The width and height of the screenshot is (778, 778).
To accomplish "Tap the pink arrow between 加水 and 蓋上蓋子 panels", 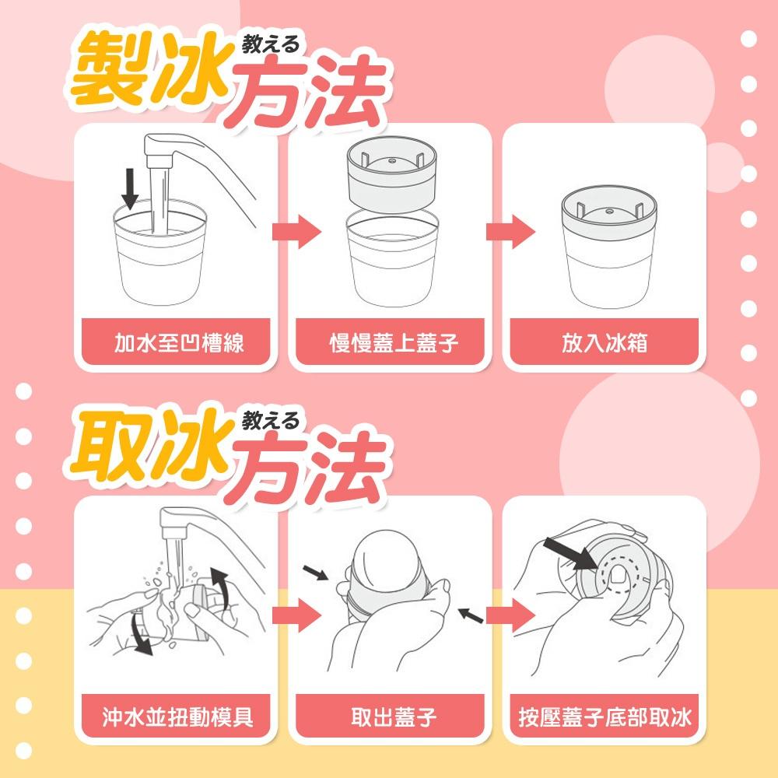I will click(296, 232).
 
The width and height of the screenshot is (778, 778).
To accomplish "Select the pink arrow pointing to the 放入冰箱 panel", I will click(510, 232).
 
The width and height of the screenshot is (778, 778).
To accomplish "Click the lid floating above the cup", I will click(391, 172).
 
